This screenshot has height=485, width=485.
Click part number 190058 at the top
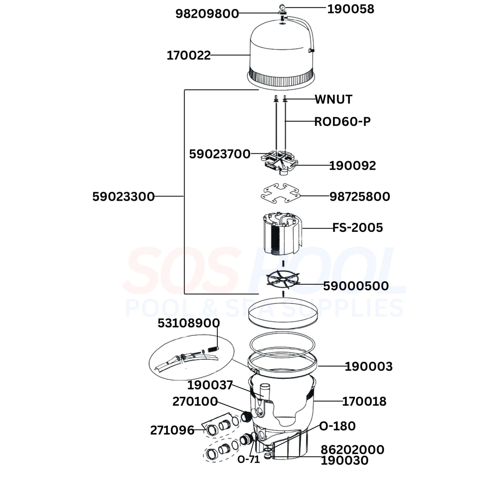pos(350,9)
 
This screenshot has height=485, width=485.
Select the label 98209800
pos(207,14)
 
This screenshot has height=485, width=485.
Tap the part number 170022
pos(189,55)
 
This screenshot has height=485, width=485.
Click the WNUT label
pos(333,99)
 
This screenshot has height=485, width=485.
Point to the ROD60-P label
pos(342,122)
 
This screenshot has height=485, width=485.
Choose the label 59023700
pos(220,154)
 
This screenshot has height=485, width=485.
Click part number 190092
pos(352,166)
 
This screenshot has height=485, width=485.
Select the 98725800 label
pos(360,196)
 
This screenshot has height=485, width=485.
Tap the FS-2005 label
pos(358,227)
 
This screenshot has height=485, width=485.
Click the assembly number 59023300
pos(123,197)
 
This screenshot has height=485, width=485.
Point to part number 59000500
pos(356,286)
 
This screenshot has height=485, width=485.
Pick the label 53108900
pos(189,323)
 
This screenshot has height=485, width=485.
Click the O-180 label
pos(337,426)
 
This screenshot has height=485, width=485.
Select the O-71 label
pos(249,459)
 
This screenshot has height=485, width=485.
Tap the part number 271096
pos(172,430)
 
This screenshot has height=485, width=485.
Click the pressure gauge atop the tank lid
pos(282,7)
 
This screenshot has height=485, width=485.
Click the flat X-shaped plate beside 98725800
pos(280,193)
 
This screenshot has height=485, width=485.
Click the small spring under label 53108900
pos(212,349)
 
